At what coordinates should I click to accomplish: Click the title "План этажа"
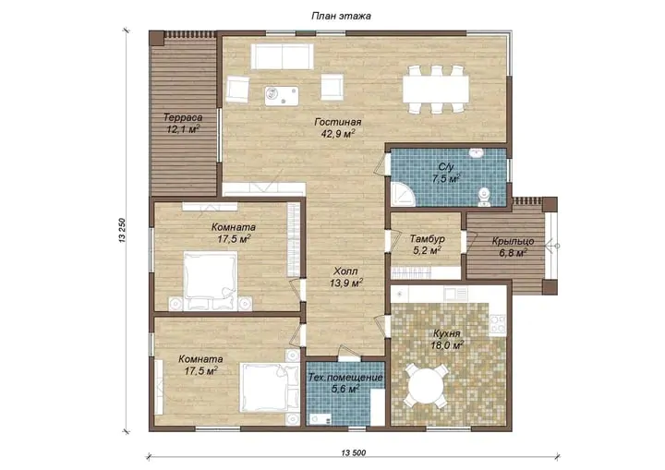click(x=341, y=16)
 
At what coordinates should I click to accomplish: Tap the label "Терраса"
click(x=183, y=117)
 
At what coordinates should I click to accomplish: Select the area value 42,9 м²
click(x=338, y=134)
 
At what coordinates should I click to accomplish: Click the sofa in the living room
click(x=282, y=56)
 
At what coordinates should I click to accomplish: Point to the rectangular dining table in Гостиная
click(x=436, y=89)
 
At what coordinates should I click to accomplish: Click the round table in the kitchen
click(x=426, y=387)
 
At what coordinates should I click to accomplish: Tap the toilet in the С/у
click(x=483, y=198)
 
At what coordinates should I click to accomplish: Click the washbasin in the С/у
click(x=478, y=152)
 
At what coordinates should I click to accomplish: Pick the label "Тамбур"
click(x=427, y=239)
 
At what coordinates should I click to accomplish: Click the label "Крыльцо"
click(x=513, y=242)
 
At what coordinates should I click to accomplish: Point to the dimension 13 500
click(x=353, y=453)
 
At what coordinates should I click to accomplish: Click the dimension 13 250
click(x=123, y=230)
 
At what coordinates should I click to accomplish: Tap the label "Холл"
click(x=345, y=271)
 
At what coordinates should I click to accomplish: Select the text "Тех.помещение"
click(x=345, y=378)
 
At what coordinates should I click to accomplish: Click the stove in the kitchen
click(x=498, y=324)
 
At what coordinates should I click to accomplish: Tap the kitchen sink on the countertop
click(x=455, y=293)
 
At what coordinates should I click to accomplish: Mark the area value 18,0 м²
click(x=447, y=345)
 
